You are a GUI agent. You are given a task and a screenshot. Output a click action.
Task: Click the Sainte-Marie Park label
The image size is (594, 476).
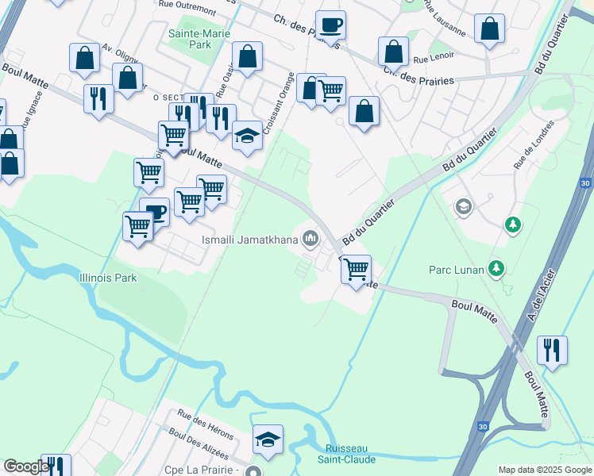[190, 39]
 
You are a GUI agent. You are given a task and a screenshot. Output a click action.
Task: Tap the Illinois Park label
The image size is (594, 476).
[108, 278]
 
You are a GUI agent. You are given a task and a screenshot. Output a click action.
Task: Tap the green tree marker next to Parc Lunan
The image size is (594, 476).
[497, 268]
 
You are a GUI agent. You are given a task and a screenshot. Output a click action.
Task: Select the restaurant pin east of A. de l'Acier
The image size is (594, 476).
[552, 350]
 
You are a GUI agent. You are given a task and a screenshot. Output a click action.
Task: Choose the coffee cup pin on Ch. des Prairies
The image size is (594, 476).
[330, 25]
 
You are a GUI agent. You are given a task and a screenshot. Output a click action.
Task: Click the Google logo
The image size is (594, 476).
[26, 467]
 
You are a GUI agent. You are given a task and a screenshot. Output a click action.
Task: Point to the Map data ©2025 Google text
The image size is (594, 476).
[544, 470]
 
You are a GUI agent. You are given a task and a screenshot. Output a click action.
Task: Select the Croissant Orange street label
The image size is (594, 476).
[277, 103]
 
